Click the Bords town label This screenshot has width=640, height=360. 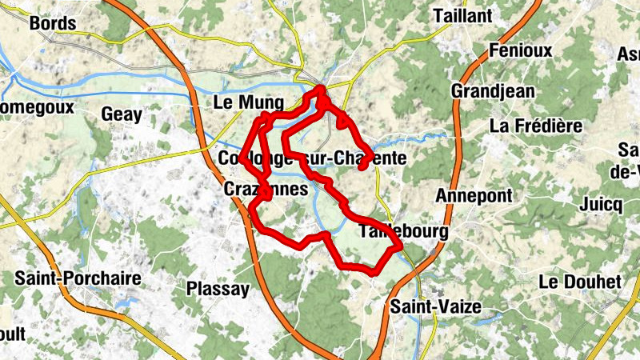(x=53, y=23)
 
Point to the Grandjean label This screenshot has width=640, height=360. (x=493, y=91)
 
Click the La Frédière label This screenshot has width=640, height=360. (x=535, y=126)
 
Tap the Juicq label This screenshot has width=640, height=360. (x=602, y=204)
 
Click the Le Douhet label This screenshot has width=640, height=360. (x=580, y=282)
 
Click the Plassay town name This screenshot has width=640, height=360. (x=218, y=289)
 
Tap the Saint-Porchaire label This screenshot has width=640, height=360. (x=78, y=279)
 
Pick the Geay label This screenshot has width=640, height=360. (x=122, y=114)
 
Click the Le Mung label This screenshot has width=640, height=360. (x=249, y=103)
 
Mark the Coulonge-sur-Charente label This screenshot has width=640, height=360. (x=312, y=158)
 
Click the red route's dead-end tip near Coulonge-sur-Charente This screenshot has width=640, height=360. (x=362, y=167)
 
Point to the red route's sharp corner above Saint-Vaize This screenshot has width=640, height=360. (x=398, y=247)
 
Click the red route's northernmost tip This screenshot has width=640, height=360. (x=322, y=88)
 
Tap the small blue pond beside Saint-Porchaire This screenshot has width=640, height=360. (x=123, y=305)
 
